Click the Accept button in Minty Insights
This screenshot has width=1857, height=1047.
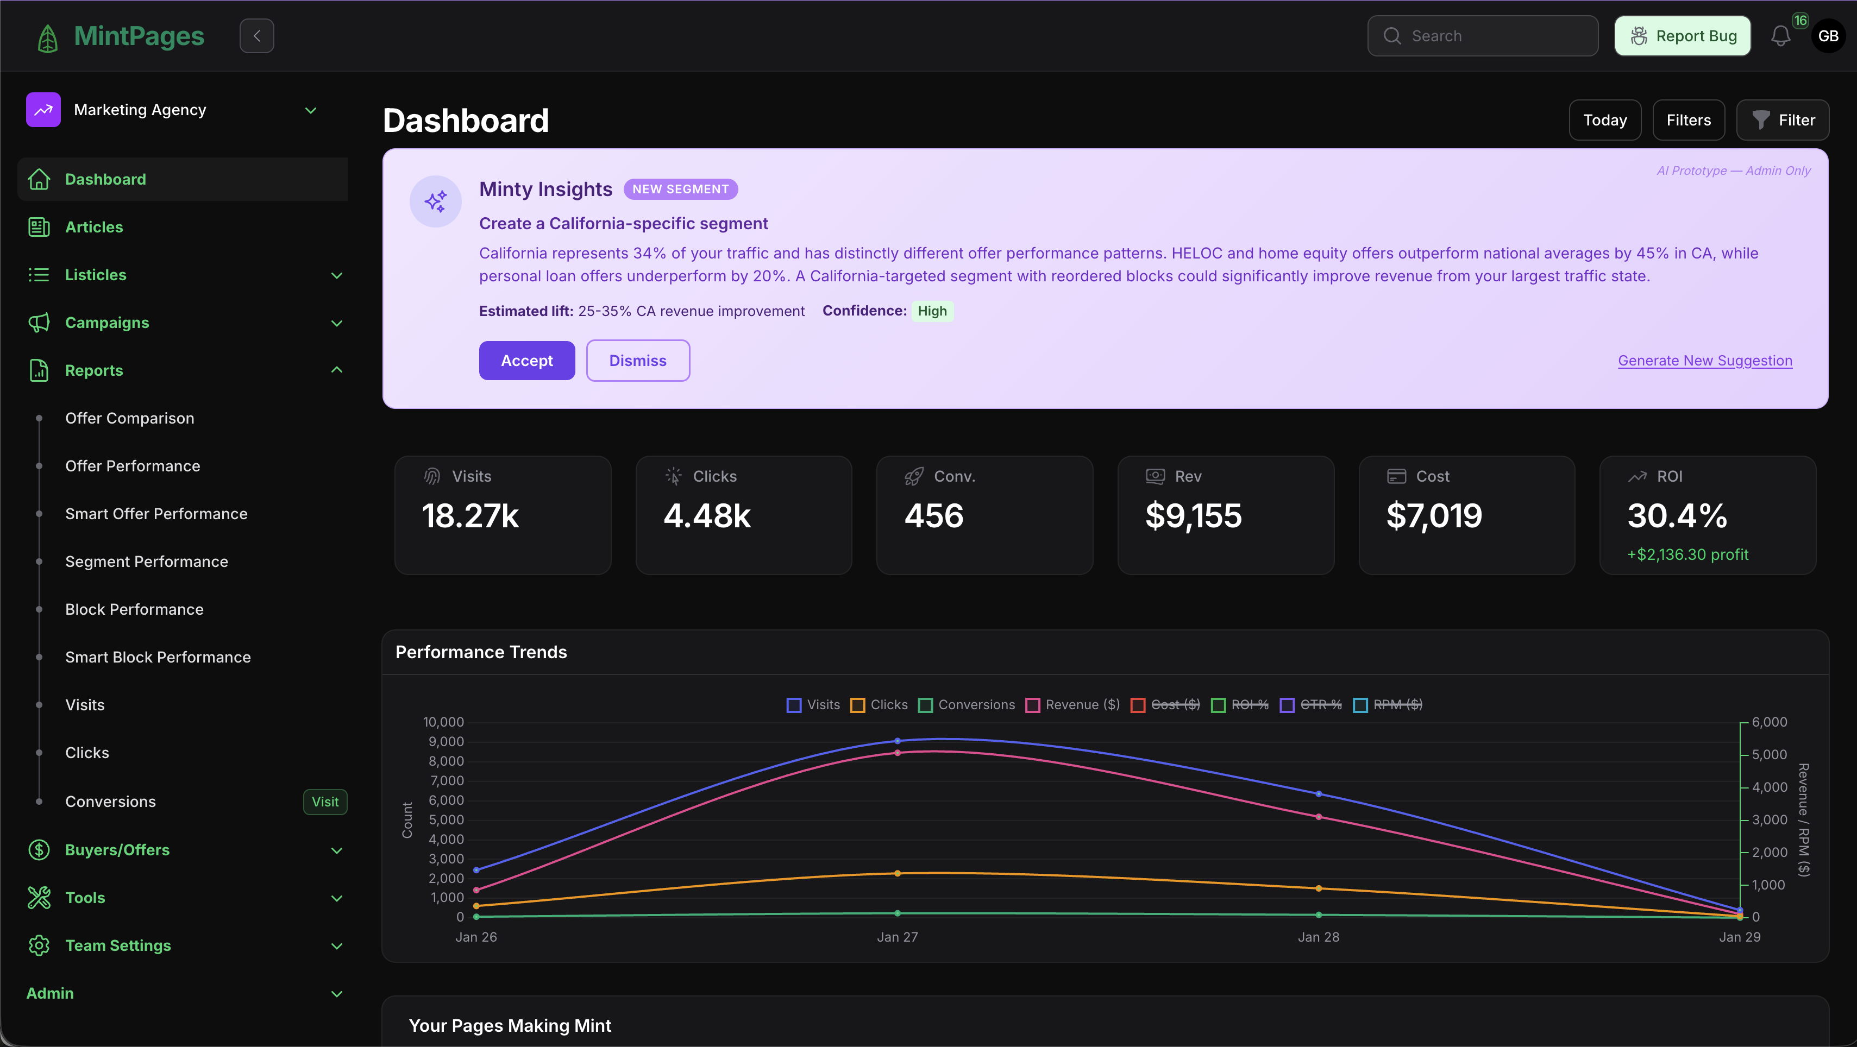(x=526, y=360)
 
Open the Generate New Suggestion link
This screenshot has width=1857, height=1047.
(x=1704, y=360)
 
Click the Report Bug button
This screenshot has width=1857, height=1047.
(x=1682, y=36)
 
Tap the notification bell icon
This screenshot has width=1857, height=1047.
(x=1780, y=36)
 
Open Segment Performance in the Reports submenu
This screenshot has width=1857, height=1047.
(x=146, y=562)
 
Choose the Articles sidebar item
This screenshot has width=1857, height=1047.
(x=93, y=227)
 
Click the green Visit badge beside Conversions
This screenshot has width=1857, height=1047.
(x=325, y=802)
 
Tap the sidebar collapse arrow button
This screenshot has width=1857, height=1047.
(x=256, y=36)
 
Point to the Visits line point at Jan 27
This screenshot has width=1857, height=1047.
(x=897, y=741)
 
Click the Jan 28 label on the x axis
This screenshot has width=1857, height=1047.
(x=1318, y=937)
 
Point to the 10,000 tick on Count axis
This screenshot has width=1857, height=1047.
(x=443, y=722)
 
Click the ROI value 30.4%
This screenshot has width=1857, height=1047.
(x=1677, y=516)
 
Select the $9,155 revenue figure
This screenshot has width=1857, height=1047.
(x=1193, y=516)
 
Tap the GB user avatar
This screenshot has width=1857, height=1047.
(x=1828, y=36)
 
